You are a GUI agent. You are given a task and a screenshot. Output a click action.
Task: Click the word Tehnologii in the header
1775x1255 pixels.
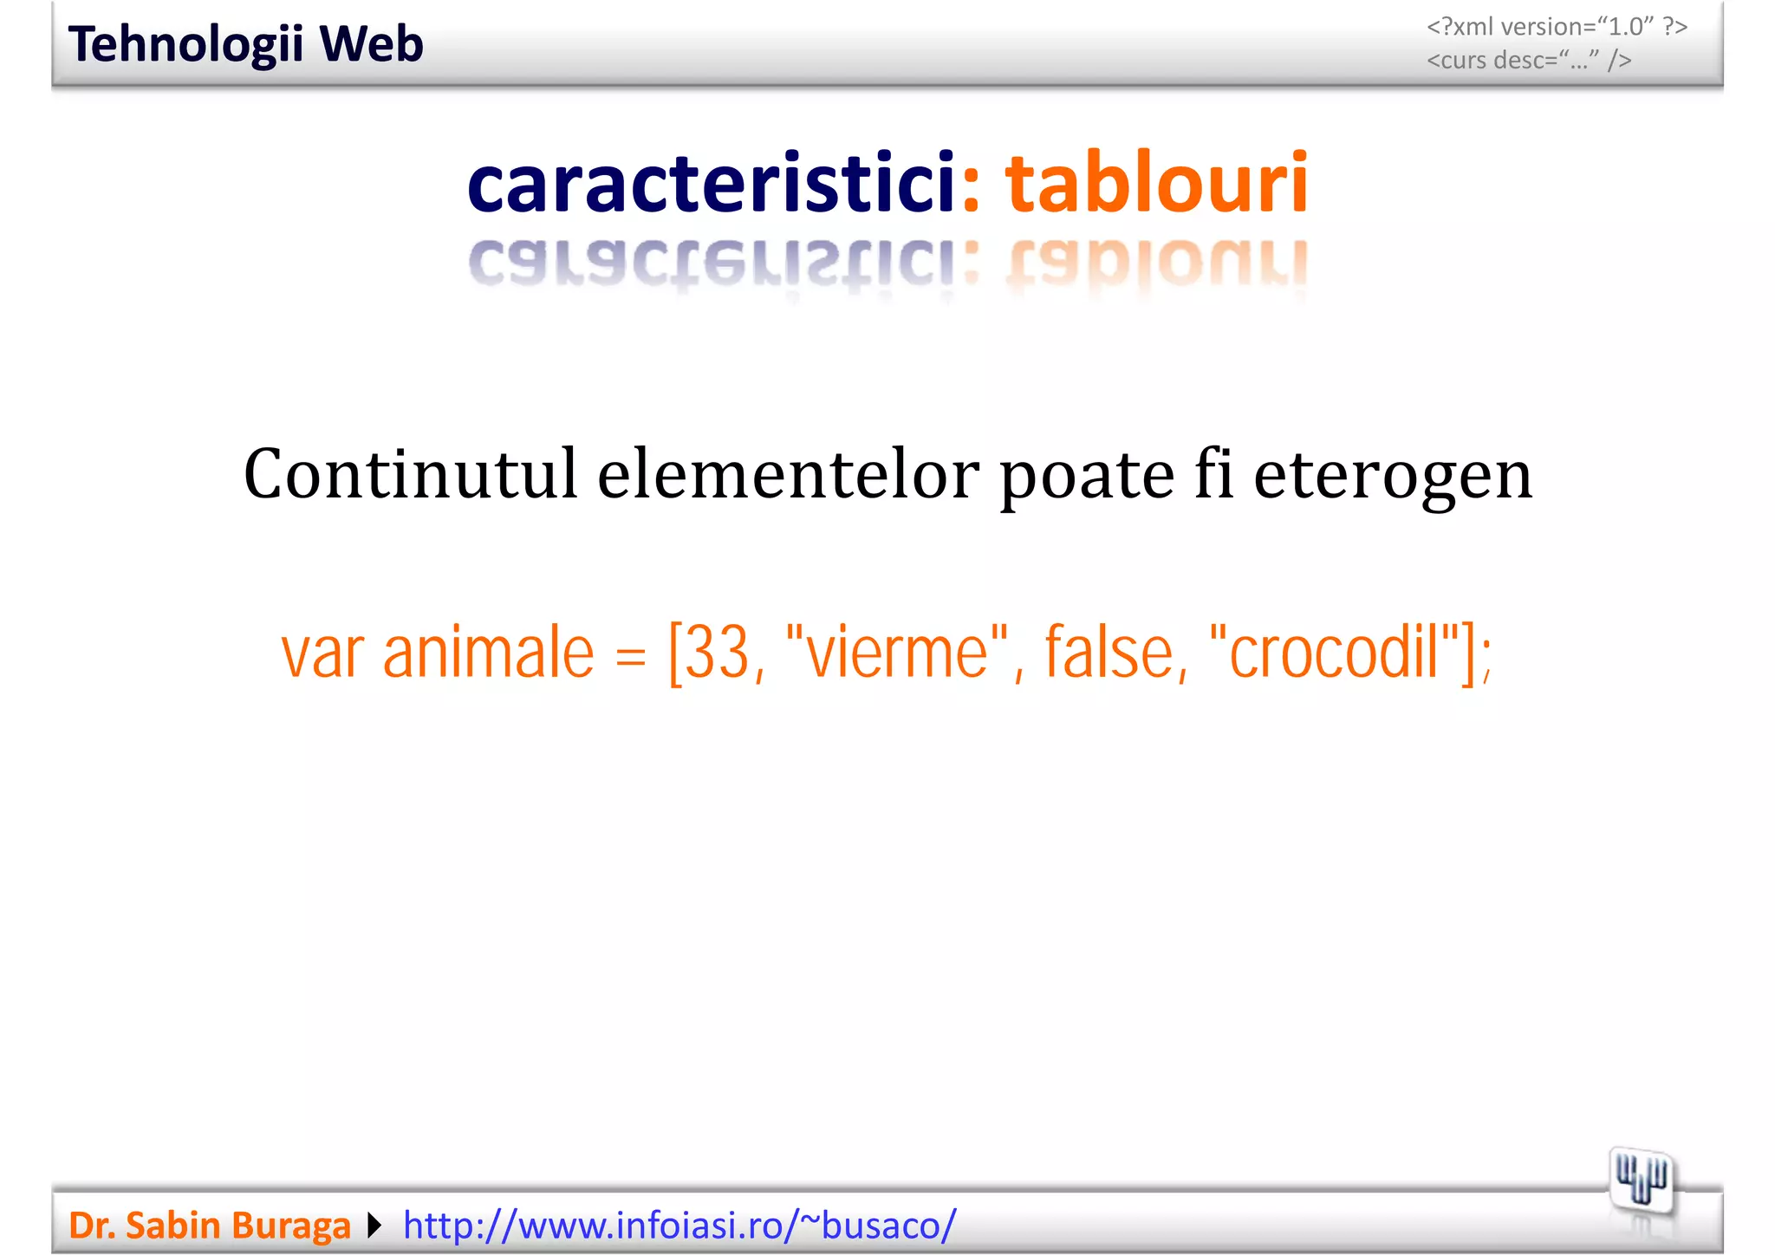click(x=185, y=44)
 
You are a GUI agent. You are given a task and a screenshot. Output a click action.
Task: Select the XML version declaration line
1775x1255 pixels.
click(x=1557, y=27)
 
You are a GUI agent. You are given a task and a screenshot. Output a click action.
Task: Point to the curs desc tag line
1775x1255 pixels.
click(x=1529, y=60)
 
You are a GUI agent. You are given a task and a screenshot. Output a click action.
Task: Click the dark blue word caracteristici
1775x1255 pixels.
click(x=711, y=183)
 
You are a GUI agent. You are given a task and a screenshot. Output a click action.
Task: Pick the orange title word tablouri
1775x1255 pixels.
click(x=1156, y=183)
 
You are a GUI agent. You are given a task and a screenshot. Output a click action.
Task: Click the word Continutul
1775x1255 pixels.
click(x=410, y=474)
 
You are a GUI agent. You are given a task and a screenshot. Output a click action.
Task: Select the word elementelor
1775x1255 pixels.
click(x=788, y=474)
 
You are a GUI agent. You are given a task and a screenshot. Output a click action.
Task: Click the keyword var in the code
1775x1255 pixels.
click(x=322, y=654)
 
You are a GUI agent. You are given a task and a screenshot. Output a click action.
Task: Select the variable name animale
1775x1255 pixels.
click(x=488, y=652)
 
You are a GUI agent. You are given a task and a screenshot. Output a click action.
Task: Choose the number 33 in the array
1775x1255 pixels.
click(x=718, y=652)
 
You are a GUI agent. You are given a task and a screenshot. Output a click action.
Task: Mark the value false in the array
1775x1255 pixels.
click(x=1109, y=652)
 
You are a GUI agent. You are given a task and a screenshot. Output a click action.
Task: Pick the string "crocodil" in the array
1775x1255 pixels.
click(x=1333, y=652)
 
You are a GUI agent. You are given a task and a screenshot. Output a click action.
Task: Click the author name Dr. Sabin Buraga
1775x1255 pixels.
click(x=209, y=1226)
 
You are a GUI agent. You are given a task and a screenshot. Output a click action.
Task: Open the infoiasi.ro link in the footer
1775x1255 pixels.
click(x=679, y=1226)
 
